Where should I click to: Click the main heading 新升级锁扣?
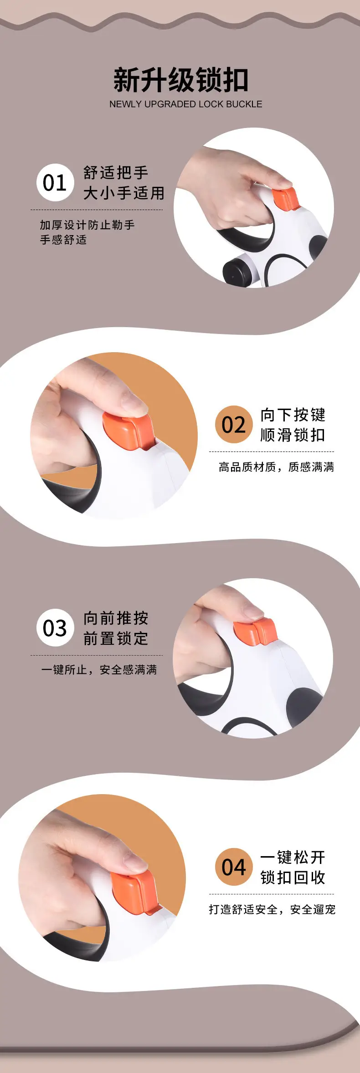click(181, 80)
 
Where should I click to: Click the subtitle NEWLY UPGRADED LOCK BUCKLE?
click(185, 104)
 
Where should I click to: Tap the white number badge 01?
click(55, 183)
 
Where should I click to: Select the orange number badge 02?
click(234, 425)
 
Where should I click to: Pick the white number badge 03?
click(55, 628)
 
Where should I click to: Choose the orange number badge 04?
click(234, 867)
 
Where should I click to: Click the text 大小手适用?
click(123, 193)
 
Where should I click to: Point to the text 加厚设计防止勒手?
click(87, 225)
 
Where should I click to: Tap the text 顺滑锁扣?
click(293, 435)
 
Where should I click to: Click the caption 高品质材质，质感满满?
click(276, 467)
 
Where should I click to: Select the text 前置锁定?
click(116, 638)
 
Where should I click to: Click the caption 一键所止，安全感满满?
click(99, 670)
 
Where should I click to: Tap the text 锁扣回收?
click(293, 877)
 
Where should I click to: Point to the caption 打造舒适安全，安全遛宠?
click(272, 909)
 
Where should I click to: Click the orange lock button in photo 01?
click(285, 198)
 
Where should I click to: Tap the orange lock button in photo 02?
click(128, 430)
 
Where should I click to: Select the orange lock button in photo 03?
click(255, 631)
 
